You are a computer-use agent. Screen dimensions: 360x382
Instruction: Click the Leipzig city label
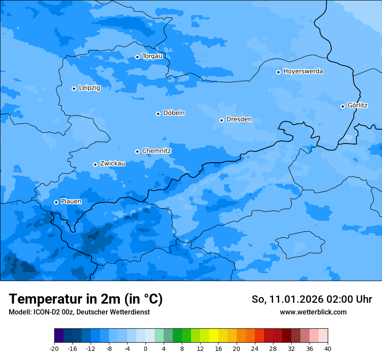click(x=89, y=88)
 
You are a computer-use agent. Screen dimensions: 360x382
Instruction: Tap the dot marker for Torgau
click(x=137, y=57)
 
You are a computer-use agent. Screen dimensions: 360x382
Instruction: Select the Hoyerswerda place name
click(x=303, y=71)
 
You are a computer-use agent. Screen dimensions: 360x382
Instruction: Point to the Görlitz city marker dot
click(x=342, y=106)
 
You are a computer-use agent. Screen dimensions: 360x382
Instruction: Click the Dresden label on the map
click(x=239, y=119)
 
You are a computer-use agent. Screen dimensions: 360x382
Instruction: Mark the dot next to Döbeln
click(x=158, y=114)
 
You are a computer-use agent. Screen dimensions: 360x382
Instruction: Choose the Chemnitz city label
click(x=156, y=151)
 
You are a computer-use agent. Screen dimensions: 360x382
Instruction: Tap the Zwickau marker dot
click(x=95, y=164)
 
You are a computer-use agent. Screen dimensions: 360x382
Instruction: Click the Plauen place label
click(x=71, y=201)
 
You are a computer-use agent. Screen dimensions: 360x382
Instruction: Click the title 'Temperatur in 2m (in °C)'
click(x=86, y=299)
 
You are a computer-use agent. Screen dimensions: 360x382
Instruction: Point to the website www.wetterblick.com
click(x=313, y=312)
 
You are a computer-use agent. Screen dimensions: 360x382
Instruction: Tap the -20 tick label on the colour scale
click(x=54, y=349)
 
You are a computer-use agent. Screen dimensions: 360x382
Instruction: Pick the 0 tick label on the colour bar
click(x=145, y=349)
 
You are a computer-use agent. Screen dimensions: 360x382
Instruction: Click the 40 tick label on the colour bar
click(x=328, y=349)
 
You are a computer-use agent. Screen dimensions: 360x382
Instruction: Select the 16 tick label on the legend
click(x=218, y=349)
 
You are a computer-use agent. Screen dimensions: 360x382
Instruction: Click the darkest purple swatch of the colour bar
click(x=59, y=336)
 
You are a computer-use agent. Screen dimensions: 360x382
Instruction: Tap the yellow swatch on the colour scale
click(x=214, y=336)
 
